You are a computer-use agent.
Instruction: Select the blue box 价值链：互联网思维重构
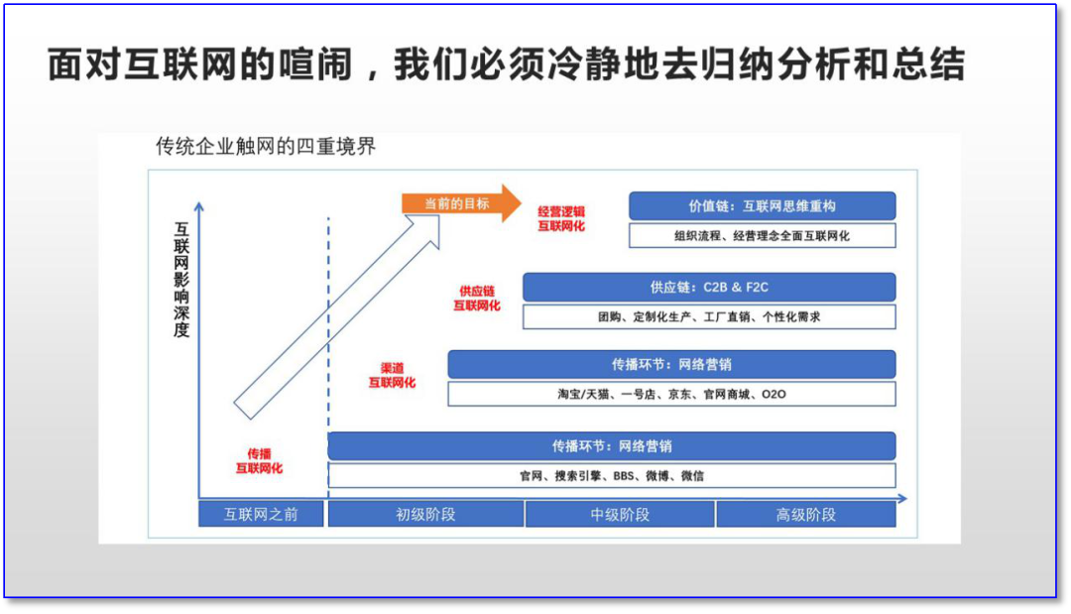click(762, 206)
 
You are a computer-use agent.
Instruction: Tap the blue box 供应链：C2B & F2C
click(709, 288)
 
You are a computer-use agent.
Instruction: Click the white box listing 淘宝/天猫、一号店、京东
click(671, 394)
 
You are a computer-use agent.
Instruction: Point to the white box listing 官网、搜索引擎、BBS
click(612, 475)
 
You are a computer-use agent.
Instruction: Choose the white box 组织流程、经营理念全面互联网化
click(762, 236)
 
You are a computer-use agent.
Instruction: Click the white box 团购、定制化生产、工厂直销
click(709, 317)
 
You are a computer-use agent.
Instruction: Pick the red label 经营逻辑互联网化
click(561, 218)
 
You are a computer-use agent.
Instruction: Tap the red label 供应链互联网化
click(477, 299)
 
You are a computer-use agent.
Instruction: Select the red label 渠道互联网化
click(392, 375)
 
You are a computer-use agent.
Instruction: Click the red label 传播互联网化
click(259, 460)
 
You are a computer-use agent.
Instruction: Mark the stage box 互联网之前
click(261, 514)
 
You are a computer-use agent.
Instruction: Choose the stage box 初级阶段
click(425, 514)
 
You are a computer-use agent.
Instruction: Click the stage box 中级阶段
click(620, 514)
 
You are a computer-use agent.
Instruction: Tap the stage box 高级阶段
click(805, 514)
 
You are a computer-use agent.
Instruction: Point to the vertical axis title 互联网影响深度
click(180, 279)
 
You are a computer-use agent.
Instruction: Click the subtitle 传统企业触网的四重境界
click(266, 147)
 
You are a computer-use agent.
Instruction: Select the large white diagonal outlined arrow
click(337, 317)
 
